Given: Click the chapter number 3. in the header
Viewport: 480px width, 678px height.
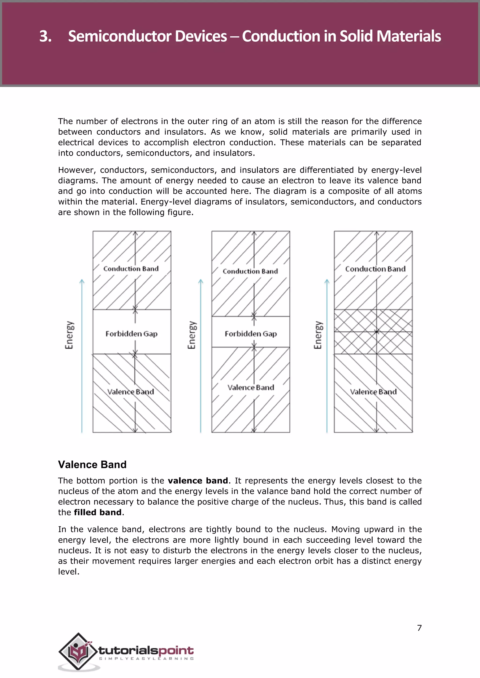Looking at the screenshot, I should [45, 36].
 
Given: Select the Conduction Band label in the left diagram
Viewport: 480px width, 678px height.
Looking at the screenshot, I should [131, 269].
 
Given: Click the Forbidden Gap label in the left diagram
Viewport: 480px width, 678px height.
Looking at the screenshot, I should [131, 334].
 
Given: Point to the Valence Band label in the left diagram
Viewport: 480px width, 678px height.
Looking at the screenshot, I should [131, 392].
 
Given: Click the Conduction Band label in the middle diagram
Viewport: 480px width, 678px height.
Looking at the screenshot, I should [250, 271].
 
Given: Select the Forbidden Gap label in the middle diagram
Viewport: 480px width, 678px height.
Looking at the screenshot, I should [251, 334].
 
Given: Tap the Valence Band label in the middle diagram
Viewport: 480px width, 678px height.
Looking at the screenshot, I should [251, 387].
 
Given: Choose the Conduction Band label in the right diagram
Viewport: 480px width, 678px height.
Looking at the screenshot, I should [375, 269].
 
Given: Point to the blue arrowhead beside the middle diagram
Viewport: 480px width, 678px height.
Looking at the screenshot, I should [201, 281].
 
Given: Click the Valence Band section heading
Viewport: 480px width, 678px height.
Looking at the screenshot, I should [92, 464].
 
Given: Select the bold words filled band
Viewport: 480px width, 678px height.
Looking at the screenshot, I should [97, 512].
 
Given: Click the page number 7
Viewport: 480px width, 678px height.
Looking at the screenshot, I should [419, 628].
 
